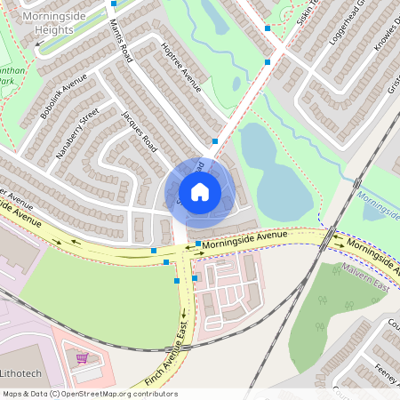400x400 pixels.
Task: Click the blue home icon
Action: click(x=200, y=191)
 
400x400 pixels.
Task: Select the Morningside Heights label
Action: click(x=48, y=23)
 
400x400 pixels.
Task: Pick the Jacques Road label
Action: click(x=140, y=132)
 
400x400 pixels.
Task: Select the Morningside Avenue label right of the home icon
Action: click(x=244, y=237)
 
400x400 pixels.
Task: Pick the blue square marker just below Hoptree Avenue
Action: click(x=215, y=140)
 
